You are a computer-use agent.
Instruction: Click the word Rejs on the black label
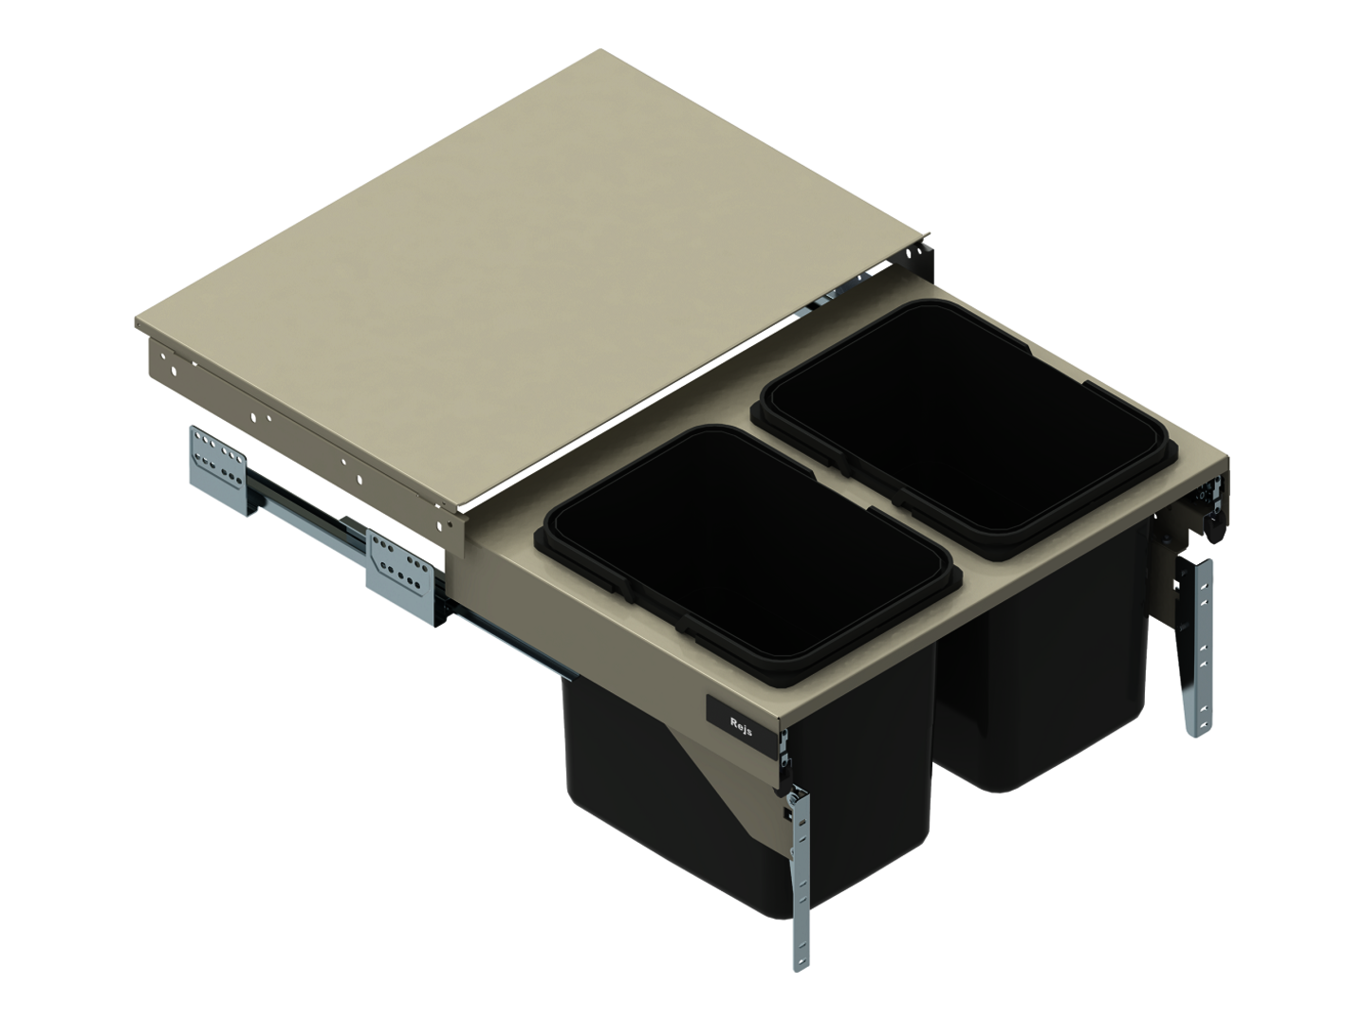point(741,726)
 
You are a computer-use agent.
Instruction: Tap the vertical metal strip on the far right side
point(1198,647)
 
